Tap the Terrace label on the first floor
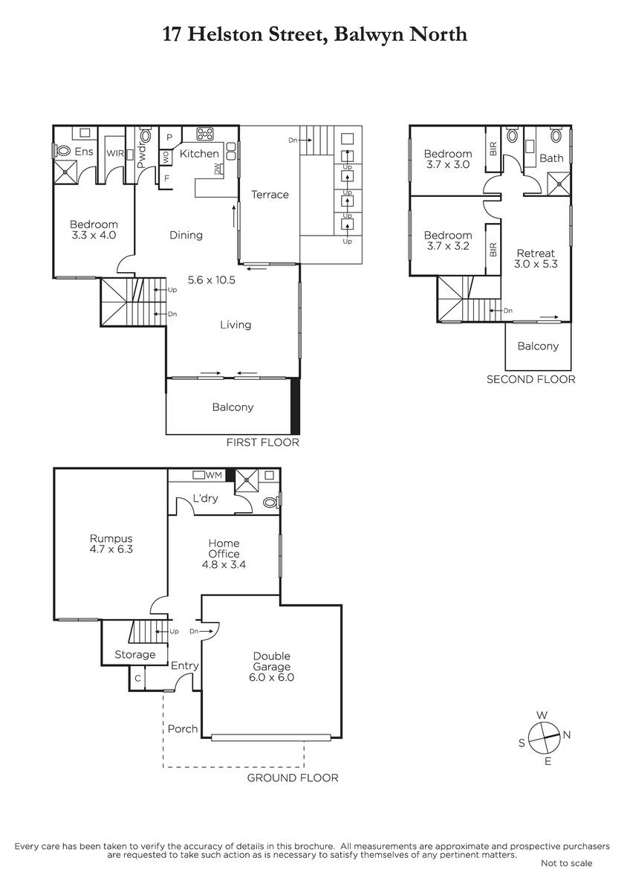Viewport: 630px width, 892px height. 270,194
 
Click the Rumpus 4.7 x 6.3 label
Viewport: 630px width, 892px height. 111,543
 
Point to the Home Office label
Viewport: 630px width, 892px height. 224,549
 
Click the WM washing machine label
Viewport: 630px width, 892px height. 214,475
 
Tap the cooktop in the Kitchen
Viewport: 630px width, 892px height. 205,135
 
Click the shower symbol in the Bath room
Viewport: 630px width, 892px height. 559,184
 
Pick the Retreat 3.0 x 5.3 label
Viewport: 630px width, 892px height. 536,259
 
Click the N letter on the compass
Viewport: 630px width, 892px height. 567,734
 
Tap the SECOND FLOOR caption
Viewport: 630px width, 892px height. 531,379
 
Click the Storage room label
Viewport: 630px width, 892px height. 135,654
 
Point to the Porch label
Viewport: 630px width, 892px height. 183,728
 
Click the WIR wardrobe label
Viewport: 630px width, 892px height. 115,153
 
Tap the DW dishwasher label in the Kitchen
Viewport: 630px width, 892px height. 217,169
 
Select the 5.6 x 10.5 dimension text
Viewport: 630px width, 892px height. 211,279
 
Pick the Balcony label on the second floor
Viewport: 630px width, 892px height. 538,346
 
